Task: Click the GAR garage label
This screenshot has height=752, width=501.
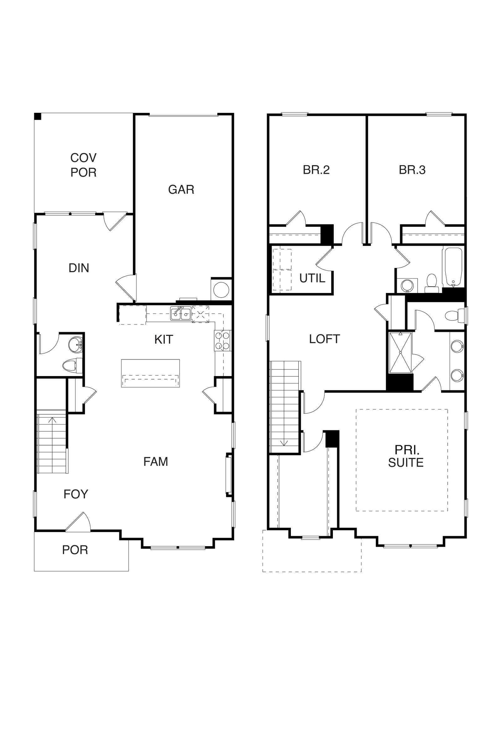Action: [x=181, y=190]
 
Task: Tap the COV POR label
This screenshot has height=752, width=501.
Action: [x=83, y=165]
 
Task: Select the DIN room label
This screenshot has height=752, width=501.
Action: [x=79, y=268]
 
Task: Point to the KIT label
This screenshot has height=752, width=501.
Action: [x=163, y=340]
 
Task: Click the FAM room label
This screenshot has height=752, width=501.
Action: [x=156, y=462]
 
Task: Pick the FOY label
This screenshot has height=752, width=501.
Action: [x=76, y=494]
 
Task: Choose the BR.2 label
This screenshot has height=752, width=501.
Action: [x=316, y=170]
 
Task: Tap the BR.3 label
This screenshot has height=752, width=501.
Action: [x=412, y=170]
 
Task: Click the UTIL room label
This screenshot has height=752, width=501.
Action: [x=312, y=279]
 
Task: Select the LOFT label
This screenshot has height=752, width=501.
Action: [x=324, y=339]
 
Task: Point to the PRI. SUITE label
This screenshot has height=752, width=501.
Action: [x=406, y=456]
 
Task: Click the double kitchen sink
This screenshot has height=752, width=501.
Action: [x=181, y=313]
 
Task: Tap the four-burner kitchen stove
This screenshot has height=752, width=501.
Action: [x=222, y=341]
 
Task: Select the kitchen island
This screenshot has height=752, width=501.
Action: [x=151, y=373]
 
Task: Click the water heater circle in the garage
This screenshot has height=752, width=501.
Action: [x=221, y=290]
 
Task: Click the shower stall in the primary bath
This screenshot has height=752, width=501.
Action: [x=400, y=353]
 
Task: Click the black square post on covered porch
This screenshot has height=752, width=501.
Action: [x=38, y=116]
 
